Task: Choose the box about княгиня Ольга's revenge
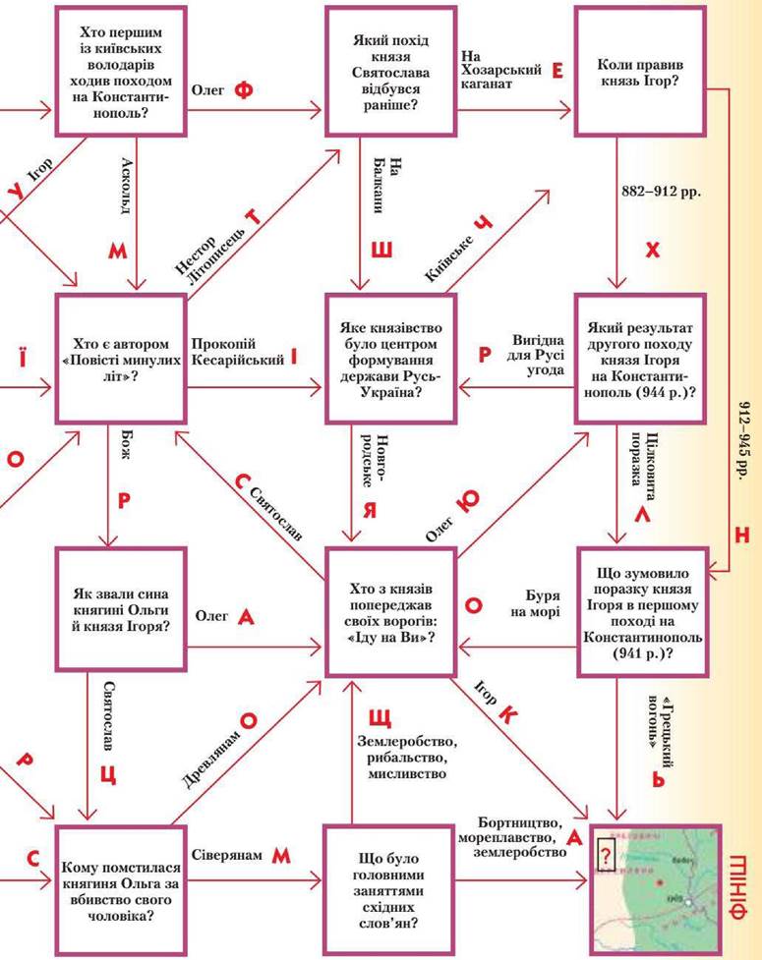119,883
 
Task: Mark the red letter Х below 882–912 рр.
652,250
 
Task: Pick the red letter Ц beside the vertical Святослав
109,772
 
